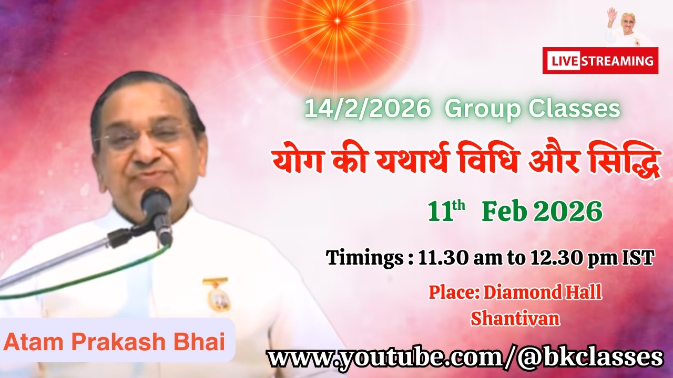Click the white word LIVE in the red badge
[563, 61]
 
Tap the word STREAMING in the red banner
[618, 61]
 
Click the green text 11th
[446, 212]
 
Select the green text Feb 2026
[542, 212]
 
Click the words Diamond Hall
[543, 292]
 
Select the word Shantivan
[515, 318]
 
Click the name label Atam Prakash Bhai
[115, 342]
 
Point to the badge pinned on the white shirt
[217, 295]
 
